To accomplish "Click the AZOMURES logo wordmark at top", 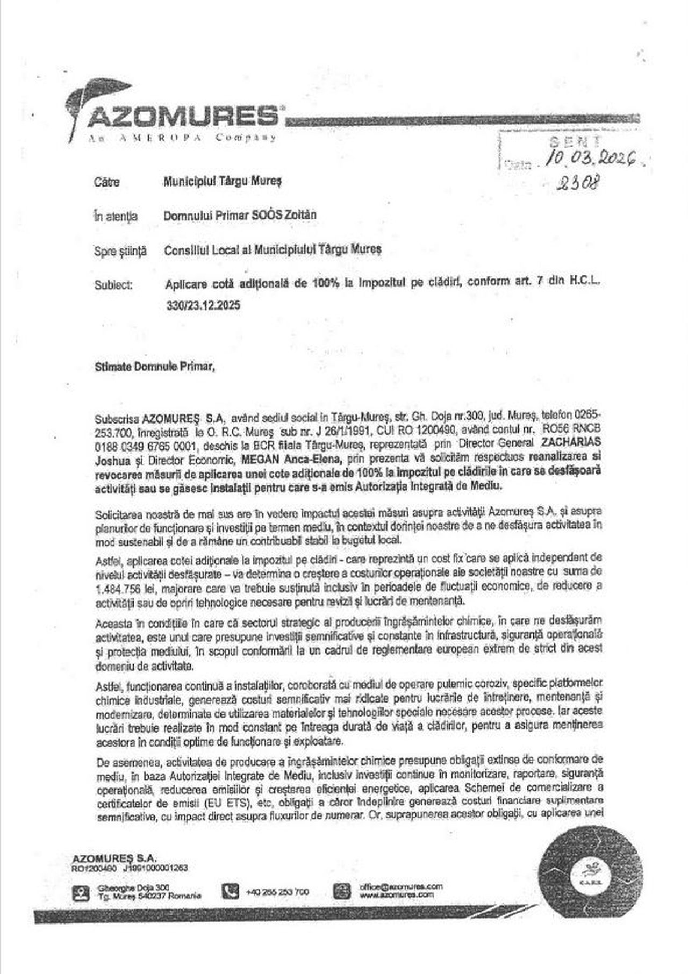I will (183, 116).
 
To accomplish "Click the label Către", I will (107, 182).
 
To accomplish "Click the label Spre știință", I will (120, 250).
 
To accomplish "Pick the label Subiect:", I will (113, 285).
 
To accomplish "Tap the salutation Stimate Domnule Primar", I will (155, 368).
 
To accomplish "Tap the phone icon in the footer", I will (230, 891).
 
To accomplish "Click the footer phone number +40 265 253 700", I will (277, 892).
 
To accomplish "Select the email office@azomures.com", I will (401, 886).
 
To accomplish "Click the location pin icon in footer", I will (81, 893).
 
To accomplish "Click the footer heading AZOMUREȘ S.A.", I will (114, 858).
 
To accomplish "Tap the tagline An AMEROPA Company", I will (183, 138).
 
